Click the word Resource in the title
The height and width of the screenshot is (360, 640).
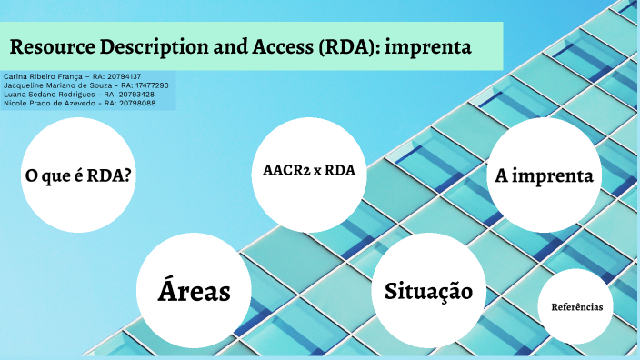tap(54, 46)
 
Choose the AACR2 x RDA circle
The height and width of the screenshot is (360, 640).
tap(309, 170)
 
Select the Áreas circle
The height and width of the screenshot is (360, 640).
tap(193, 291)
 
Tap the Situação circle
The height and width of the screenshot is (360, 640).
tap(428, 291)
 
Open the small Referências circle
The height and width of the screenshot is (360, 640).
tap(576, 307)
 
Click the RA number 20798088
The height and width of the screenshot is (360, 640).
tap(136, 104)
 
